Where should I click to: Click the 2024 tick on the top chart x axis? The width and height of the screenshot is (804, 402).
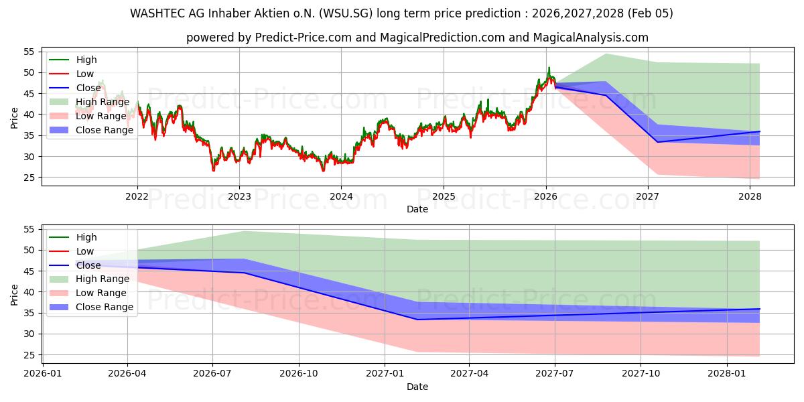click(341, 196)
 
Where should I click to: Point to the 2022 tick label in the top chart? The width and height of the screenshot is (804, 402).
click(137, 196)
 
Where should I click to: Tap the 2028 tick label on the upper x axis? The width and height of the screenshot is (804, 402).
click(750, 196)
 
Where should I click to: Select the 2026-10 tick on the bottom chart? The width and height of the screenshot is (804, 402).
click(299, 374)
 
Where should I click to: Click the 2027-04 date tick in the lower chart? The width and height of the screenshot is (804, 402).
click(469, 374)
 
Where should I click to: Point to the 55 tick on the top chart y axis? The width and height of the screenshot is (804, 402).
click(29, 52)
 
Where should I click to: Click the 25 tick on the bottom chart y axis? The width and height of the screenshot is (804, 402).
click(29, 355)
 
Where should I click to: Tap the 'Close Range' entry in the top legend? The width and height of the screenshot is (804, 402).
click(104, 130)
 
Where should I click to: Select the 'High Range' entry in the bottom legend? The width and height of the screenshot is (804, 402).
click(103, 279)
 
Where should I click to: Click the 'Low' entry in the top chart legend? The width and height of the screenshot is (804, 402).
click(85, 74)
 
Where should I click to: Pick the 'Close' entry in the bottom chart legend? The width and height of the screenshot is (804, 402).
click(89, 265)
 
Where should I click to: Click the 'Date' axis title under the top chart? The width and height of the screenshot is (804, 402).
click(417, 209)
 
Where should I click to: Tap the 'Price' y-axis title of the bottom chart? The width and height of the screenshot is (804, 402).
click(15, 294)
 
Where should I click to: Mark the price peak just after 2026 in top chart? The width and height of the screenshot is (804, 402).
click(549, 68)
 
